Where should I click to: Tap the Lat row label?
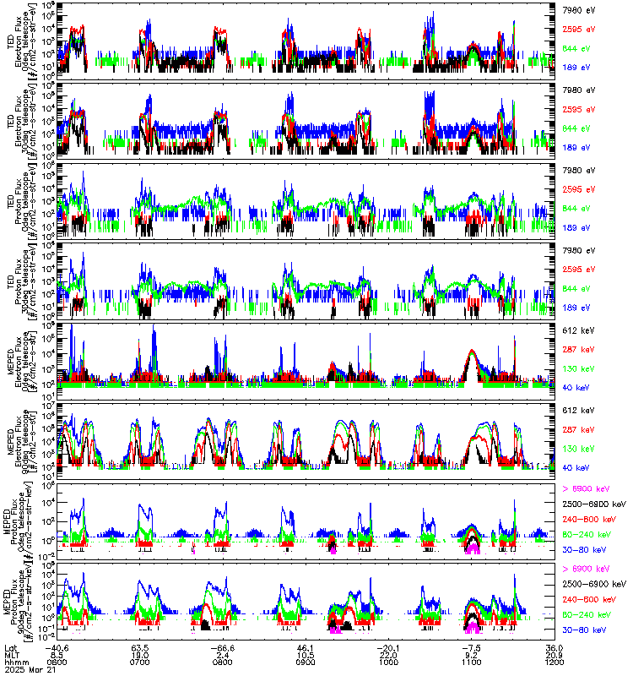click(10, 647)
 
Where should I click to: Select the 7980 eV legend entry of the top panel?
click(577, 9)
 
